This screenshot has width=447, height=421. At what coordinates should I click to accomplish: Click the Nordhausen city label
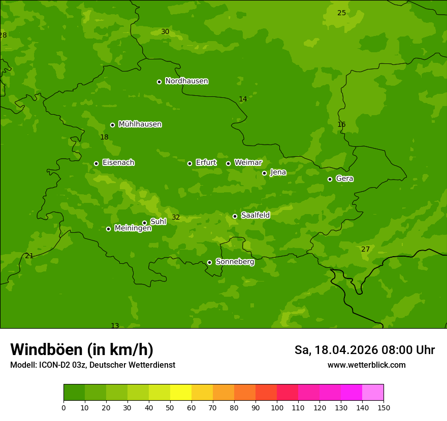coord(186,81)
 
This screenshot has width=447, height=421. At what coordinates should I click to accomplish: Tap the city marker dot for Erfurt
coord(189,163)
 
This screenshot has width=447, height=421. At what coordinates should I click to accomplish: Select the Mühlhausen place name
coord(140,124)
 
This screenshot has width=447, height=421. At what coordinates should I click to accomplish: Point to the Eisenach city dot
coord(96,163)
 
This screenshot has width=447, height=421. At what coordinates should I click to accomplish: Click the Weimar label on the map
coord(248,163)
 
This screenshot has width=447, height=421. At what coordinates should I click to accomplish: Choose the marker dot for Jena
coord(264,173)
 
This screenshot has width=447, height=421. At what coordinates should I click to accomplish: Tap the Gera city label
coord(344,179)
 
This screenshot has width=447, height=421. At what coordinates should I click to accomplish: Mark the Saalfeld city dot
coord(235,216)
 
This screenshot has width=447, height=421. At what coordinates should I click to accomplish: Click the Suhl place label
coord(158,222)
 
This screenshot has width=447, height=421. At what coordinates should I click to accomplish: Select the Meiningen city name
coord(133,228)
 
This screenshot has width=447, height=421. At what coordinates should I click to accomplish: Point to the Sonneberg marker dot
coord(209,262)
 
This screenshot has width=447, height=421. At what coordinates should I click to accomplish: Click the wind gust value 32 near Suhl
coord(176,217)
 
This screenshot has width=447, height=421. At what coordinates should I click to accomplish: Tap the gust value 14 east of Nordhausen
coord(243,99)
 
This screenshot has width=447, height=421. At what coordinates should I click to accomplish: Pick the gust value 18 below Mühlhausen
coord(104,137)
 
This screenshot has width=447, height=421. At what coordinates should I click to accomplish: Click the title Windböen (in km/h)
coord(82,349)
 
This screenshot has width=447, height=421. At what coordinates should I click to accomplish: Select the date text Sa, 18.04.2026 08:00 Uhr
coord(364,350)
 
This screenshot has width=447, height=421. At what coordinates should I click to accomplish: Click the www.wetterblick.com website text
coord(366,365)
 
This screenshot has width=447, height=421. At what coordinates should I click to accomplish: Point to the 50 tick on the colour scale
coord(170,407)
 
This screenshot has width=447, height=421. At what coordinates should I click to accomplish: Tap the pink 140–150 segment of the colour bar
coord(373,392)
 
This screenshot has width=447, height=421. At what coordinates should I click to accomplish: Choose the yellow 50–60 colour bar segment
coord(181,392)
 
